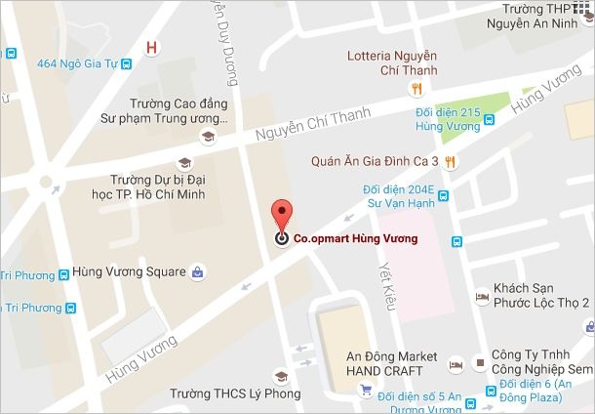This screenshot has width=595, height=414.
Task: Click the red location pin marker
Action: pyautogui.click(x=281, y=217)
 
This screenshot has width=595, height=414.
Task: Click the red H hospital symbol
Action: pyautogui.click(x=150, y=48)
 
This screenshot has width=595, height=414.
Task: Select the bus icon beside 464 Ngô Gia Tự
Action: pyautogui.click(x=127, y=65)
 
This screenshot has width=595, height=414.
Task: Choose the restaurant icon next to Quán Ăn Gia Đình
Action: pyautogui.click(x=449, y=161)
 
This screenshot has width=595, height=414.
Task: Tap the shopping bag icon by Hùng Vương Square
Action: pyautogui.click(x=197, y=270)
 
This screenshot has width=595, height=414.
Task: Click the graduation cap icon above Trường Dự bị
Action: pyautogui.click(x=184, y=163)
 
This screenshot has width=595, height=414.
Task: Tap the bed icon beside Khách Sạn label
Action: pyautogui.click(x=481, y=295)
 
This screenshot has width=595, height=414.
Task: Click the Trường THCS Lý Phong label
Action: pyautogui.click(x=235, y=394)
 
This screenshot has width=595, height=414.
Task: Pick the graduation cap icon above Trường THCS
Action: pyautogui.click(x=281, y=376)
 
